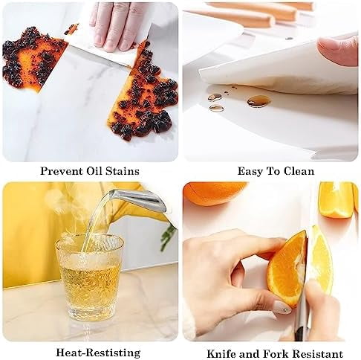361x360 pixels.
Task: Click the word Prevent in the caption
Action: click(x=62, y=171)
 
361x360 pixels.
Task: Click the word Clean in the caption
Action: click(x=299, y=171)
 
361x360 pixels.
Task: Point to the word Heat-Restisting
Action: click(x=98, y=353)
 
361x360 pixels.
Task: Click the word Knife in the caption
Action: click(x=221, y=354)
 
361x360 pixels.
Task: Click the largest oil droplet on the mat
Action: click(x=258, y=101)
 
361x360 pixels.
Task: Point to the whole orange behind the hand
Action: click(x=214, y=193)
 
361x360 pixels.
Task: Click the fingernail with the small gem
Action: click(x=283, y=308)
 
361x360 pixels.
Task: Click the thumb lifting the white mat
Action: click(x=339, y=51)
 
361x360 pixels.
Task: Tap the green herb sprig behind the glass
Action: click(x=168, y=237)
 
